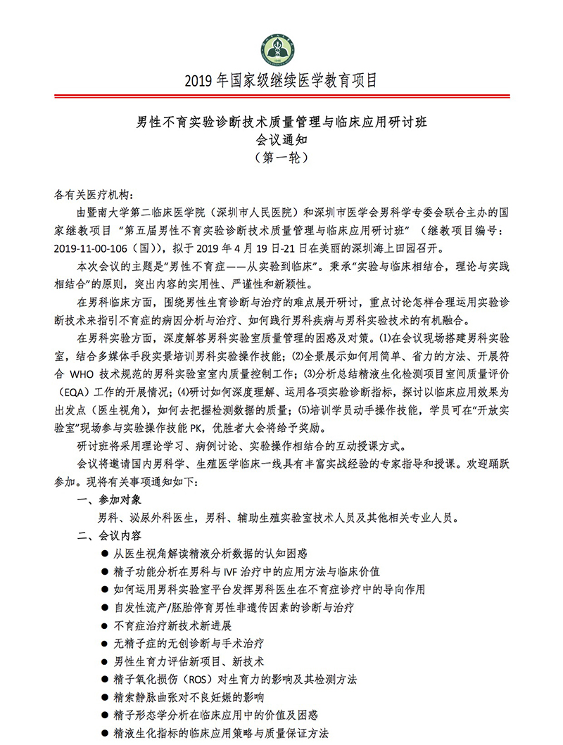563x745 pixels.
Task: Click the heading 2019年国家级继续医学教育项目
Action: point(281,79)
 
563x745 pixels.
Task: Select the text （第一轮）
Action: point(281,158)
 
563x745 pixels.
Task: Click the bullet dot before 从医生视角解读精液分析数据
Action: point(105,554)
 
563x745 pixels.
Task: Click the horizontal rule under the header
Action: point(281,96)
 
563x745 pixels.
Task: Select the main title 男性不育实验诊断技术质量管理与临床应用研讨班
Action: point(281,121)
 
